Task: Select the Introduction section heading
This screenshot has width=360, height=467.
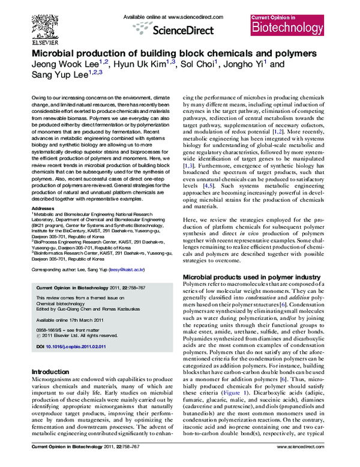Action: (x=53, y=372)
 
